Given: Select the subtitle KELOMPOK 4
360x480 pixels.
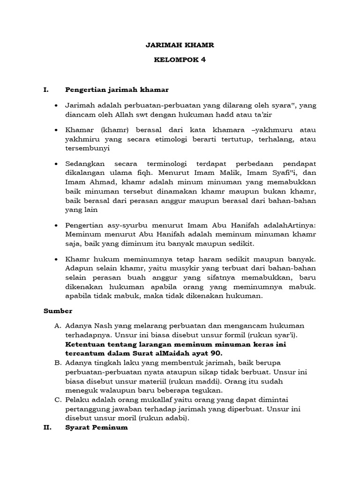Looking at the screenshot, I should click(180, 60).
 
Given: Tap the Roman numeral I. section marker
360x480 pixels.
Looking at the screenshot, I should click(46, 89).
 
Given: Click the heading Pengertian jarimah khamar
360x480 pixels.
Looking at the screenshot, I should click(117, 89).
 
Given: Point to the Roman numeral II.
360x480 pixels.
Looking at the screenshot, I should click(48, 427).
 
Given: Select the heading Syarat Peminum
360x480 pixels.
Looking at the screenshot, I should click(97, 427).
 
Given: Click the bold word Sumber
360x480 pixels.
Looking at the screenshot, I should click(58, 310).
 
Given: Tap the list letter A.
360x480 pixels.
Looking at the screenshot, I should click(58, 325).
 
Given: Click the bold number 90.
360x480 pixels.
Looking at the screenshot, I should click(217, 352).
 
